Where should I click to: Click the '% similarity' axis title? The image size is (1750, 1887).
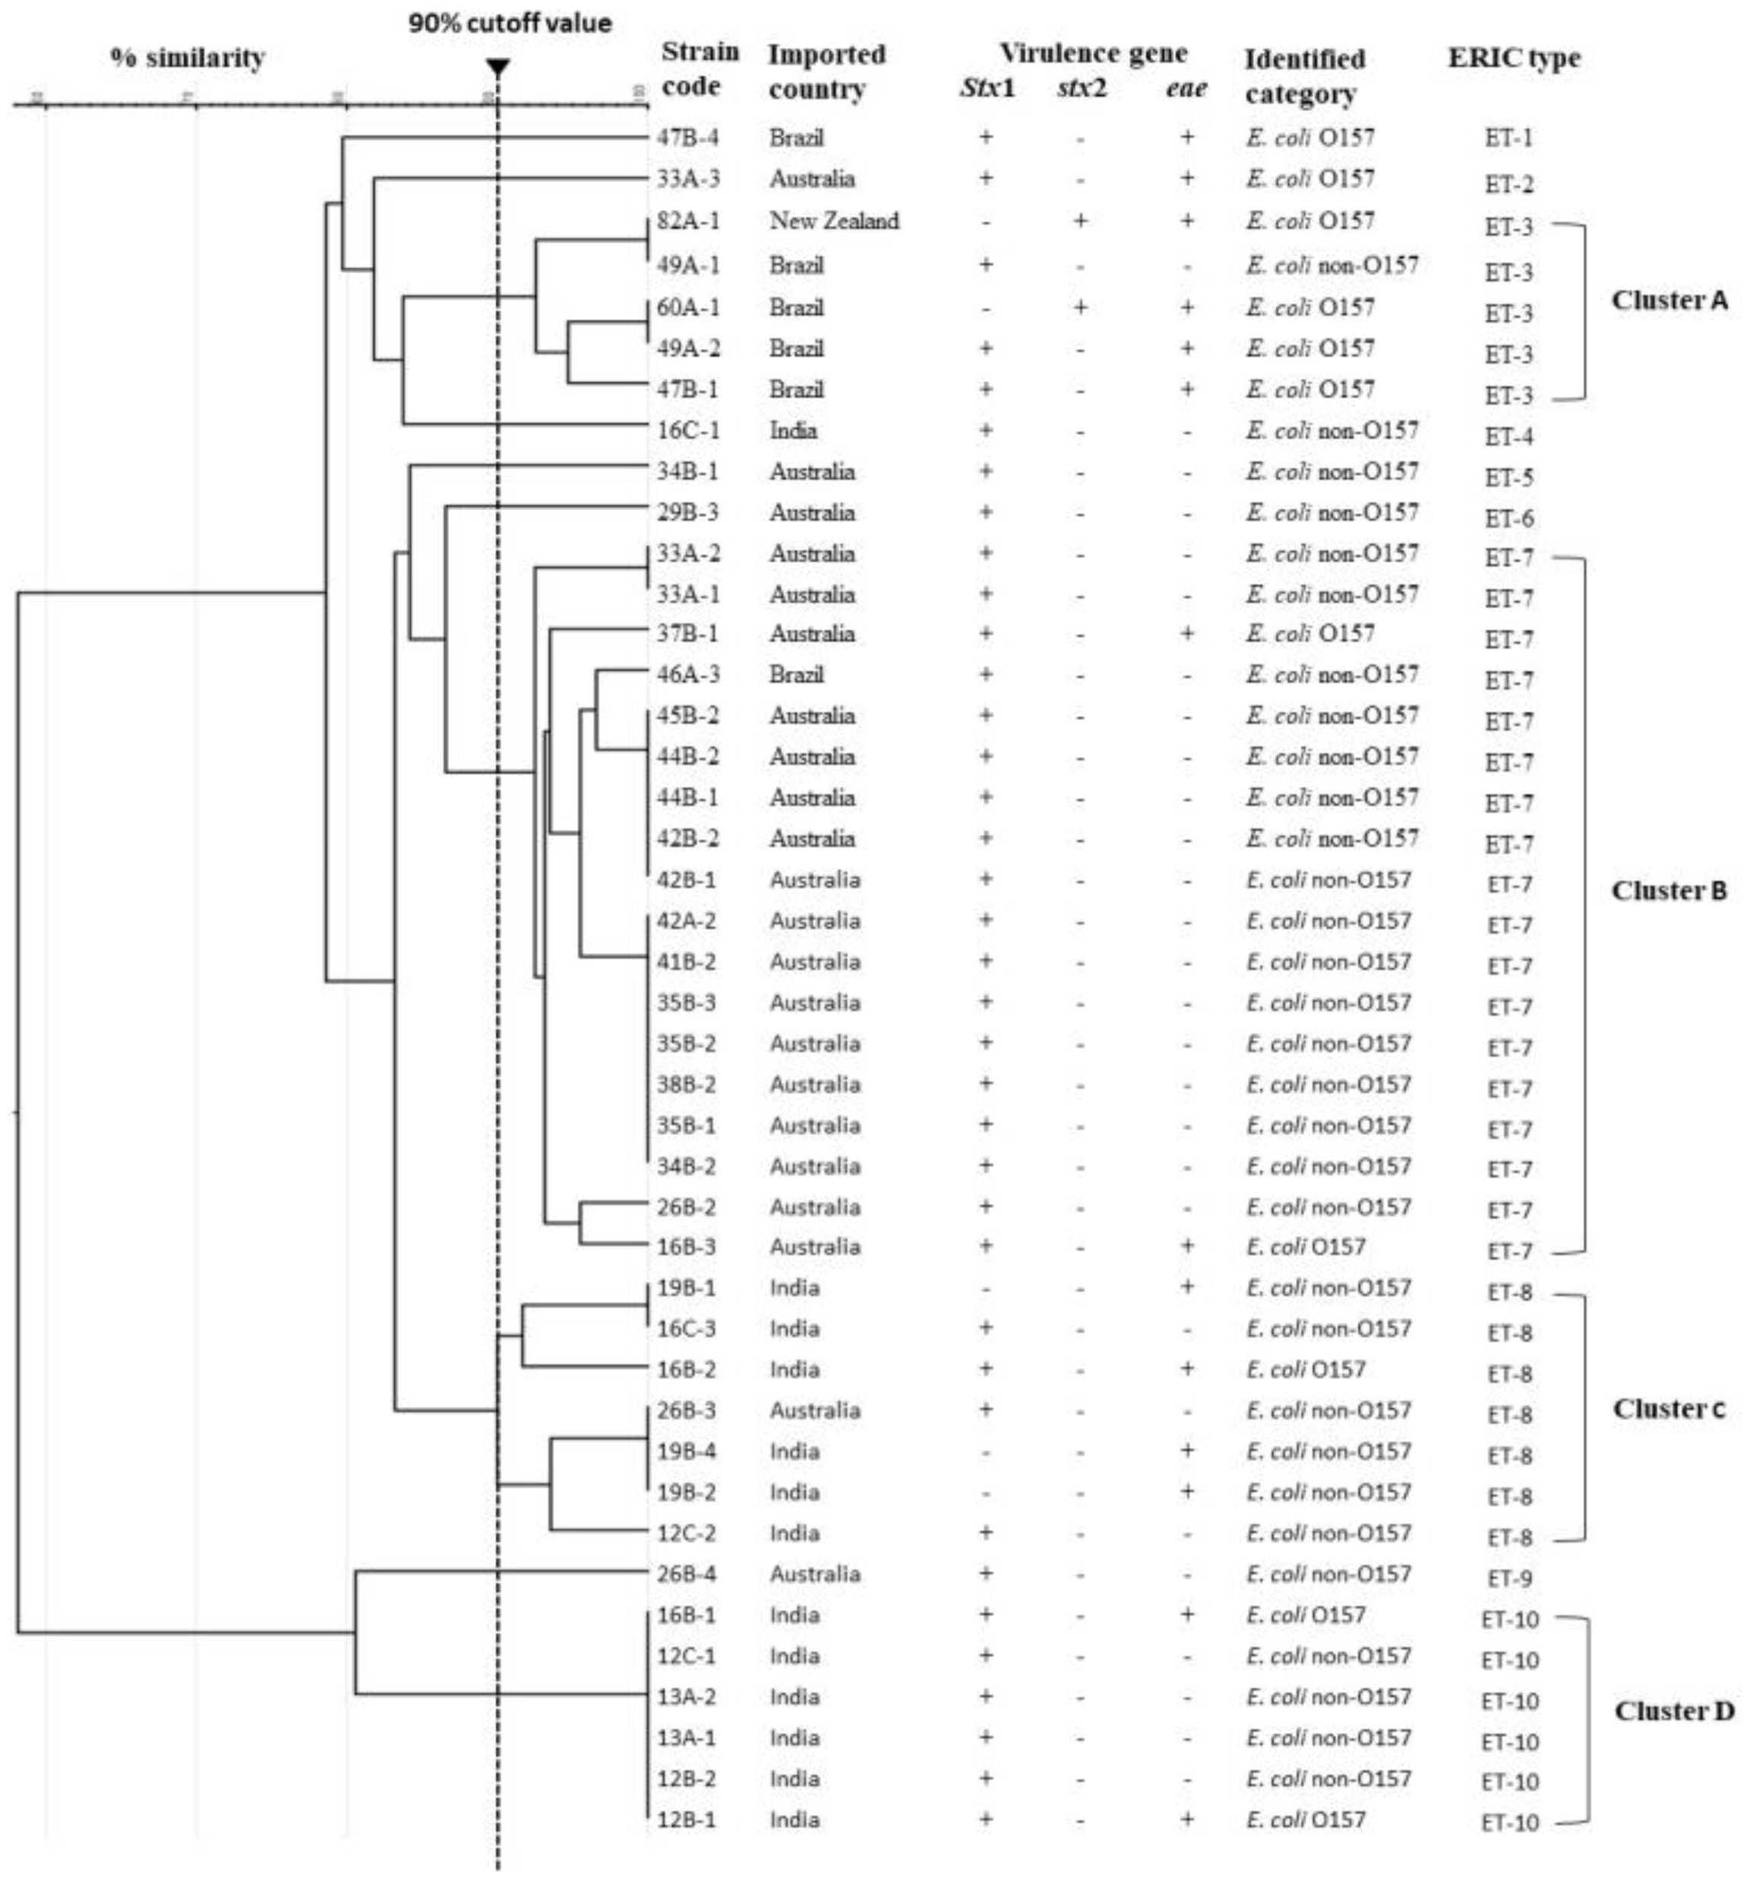click(x=188, y=58)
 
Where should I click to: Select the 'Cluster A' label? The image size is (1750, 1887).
click(x=1669, y=300)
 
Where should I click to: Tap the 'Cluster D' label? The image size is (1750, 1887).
click(x=1673, y=1711)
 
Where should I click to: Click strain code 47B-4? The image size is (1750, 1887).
click(x=687, y=138)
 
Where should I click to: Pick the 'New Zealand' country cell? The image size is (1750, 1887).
click(x=833, y=220)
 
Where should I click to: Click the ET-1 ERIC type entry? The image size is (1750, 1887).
click(x=1508, y=138)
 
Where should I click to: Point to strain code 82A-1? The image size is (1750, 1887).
click(x=687, y=220)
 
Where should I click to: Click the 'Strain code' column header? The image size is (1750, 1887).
click(x=700, y=69)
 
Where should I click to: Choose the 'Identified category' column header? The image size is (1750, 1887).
click(x=1304, y=76)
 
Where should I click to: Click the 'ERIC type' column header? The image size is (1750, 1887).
click(x=1513, y=58)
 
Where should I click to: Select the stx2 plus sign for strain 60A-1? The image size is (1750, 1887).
click(x=1079, y=306)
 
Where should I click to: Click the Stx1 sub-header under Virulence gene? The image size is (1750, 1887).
click(x=987, y=88)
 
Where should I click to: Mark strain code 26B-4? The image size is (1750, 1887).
click(x=687, y=1573)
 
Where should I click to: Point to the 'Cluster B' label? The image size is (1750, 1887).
click(x=1669, y=891)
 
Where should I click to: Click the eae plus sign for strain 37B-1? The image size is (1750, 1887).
click(x=1186, y=633)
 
